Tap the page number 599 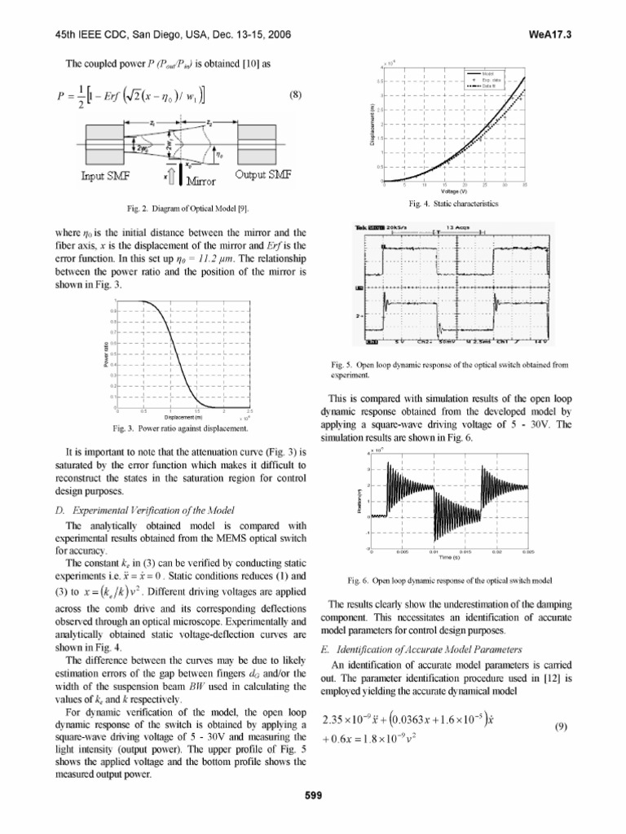pos(314,796)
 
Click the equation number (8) pos(295,94)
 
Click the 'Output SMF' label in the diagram pos(263,175)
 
